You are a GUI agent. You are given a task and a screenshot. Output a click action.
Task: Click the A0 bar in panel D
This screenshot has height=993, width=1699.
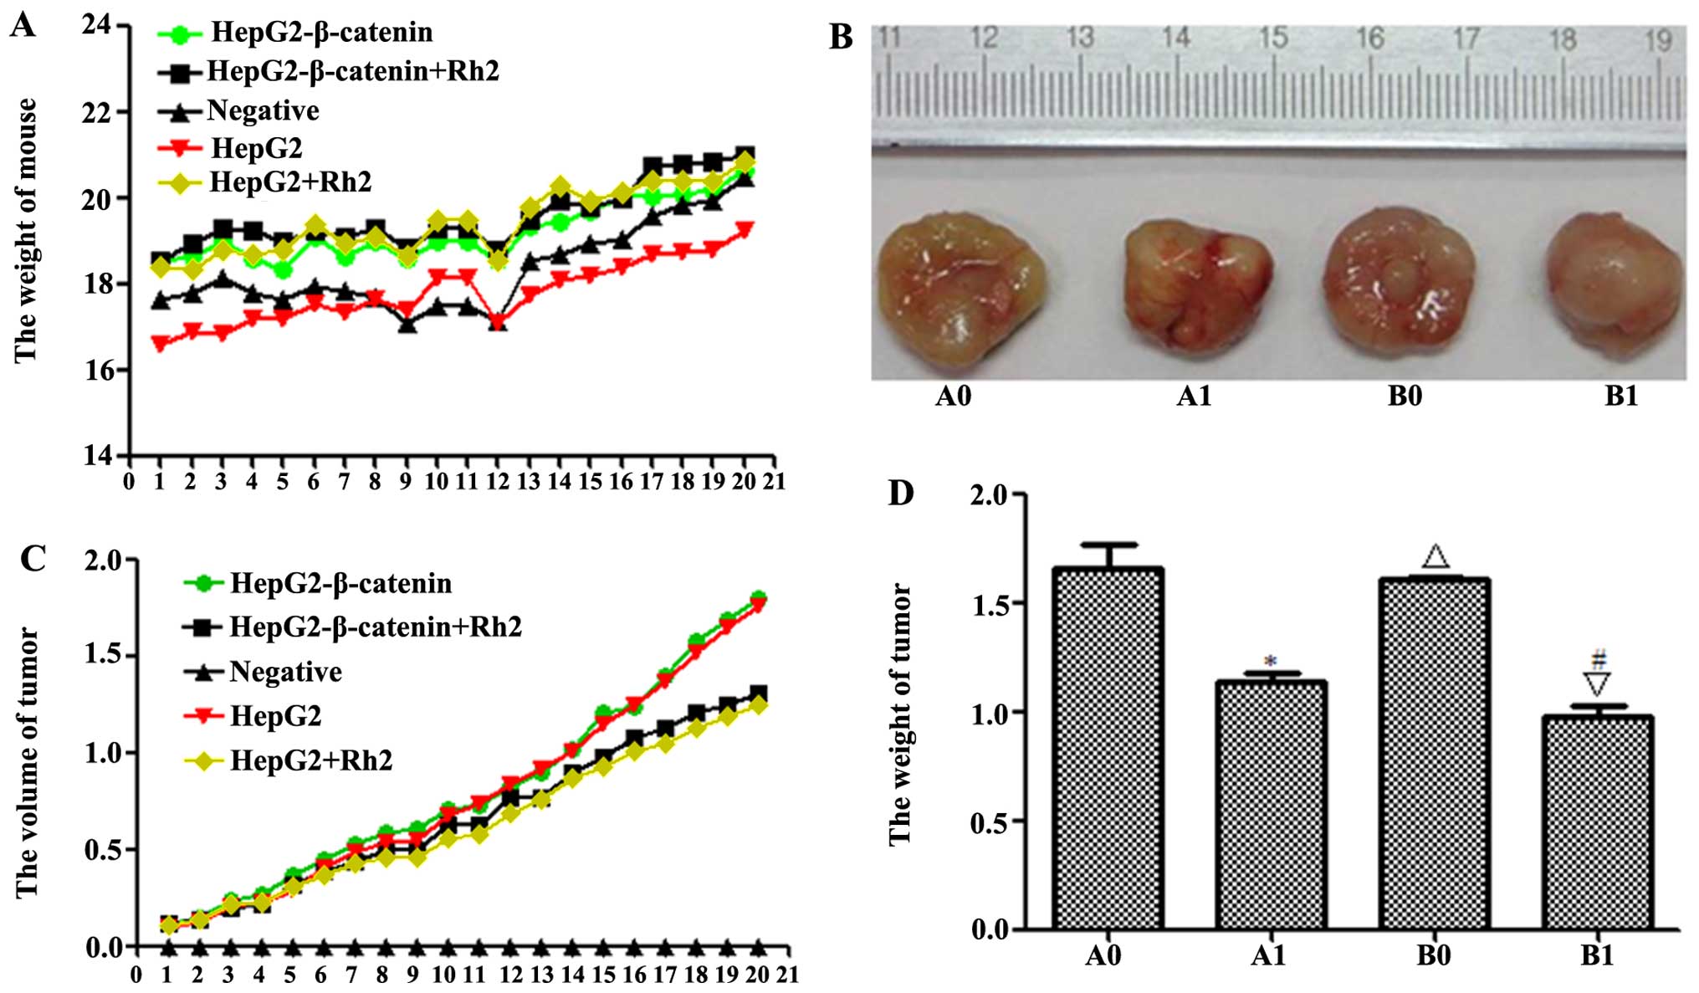(1108, 748)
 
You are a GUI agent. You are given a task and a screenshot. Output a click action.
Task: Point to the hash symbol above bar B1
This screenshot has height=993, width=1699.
(1599, 659)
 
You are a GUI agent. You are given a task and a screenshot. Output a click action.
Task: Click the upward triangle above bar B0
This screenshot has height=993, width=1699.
(1435, 556)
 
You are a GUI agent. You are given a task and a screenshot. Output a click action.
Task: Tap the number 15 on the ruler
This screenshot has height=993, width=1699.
(1272, 38)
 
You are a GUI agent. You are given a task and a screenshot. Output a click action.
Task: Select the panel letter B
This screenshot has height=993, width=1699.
(841, 37)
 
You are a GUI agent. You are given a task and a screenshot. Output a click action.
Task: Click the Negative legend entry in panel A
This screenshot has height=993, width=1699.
(263, 110)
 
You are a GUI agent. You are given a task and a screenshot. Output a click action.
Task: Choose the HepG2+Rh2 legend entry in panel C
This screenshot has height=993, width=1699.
(310, 760)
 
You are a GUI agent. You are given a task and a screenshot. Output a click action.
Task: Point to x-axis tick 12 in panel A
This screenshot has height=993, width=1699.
(498, 481)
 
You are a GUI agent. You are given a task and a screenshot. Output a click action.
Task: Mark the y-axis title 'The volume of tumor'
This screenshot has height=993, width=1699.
(28, 761)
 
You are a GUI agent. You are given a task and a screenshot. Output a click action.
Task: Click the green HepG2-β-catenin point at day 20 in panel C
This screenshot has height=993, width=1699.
(759, 597)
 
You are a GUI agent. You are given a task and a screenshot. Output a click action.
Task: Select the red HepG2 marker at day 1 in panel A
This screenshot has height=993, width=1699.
(161, 342)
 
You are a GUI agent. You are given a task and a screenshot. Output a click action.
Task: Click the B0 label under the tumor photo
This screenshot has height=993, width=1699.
(1405, 396)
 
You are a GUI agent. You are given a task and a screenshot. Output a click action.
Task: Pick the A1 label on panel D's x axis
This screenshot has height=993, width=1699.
(1267, 955)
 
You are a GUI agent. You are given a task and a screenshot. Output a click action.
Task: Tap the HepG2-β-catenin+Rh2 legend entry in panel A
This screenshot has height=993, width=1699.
(352, 71)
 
